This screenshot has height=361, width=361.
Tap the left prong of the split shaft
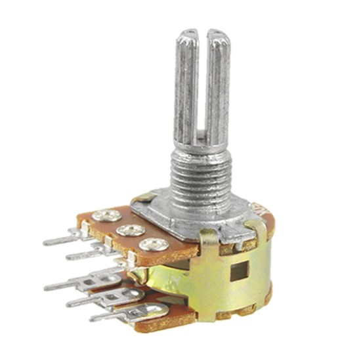(x=186, y=85)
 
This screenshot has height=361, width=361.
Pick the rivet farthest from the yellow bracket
(x=104, y=215)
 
